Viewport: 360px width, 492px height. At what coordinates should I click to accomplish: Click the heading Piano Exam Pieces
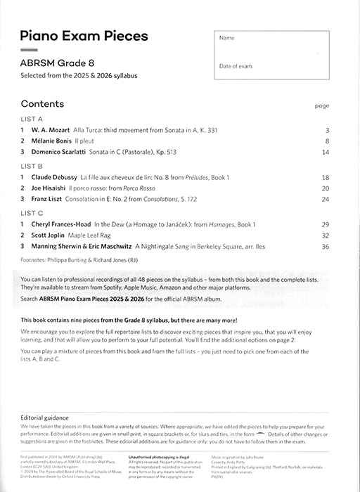click(x=84, y=36)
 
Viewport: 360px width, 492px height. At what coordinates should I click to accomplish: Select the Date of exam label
click(x=236, y=65)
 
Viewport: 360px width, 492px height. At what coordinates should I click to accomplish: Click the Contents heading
click(x=42, y=103)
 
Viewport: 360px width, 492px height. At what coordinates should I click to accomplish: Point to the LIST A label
click(x=32, y=119)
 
